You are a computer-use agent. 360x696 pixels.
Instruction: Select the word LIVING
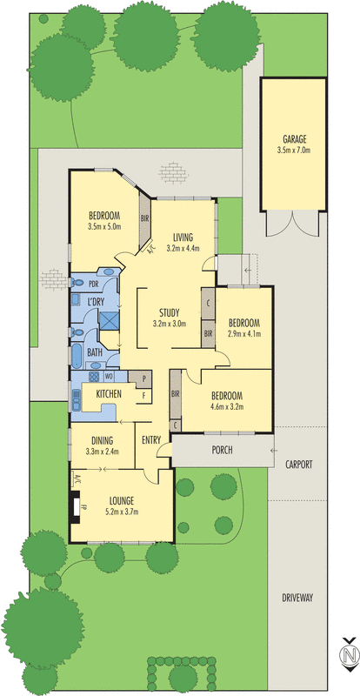coord(182,237)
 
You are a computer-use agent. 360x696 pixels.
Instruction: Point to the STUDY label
coord(169,312)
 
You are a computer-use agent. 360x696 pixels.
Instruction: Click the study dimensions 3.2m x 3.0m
coord(169,324)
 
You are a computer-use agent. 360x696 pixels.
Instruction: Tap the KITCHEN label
coord(108,394)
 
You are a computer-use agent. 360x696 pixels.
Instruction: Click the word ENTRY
coord(151,440)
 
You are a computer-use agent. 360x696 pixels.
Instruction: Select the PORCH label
coord(224,450)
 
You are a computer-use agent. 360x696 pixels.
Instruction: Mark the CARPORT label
coord(298,465)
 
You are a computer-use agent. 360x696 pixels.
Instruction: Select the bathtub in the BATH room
coord(77,356)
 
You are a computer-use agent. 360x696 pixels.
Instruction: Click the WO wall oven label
coord(110,378)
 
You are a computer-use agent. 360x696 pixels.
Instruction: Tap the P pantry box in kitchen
coord(143,378)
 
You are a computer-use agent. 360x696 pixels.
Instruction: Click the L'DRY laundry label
coord(97,301)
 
